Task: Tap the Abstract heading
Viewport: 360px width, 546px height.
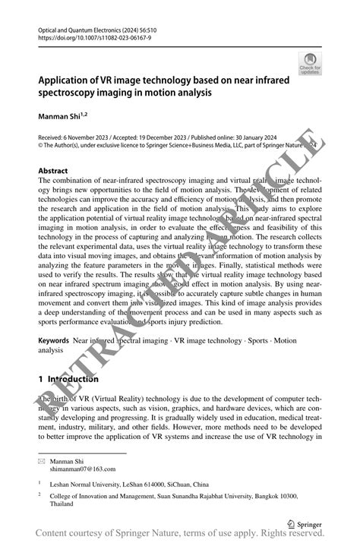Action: click(x=53, y=171)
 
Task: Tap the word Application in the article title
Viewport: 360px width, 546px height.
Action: click(x=65, y=80)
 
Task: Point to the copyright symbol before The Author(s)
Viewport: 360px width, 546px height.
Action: click(x=40, y=147)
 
